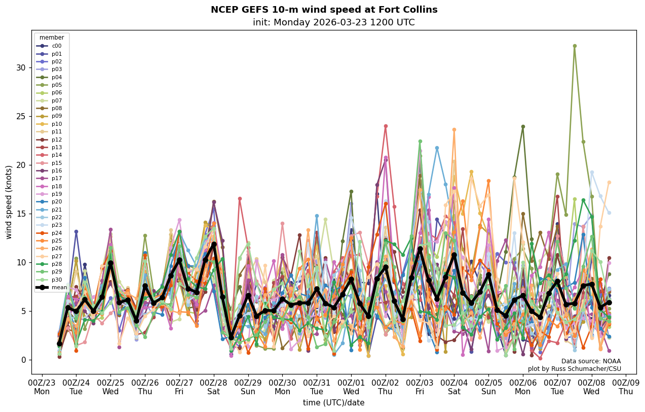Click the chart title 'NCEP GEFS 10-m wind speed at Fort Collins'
click(324, 10)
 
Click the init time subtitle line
click(333, 22)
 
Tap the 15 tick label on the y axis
click(22, 214)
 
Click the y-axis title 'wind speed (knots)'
click(9, 202)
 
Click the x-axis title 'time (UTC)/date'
click(333, 403)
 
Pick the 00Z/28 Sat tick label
click(214, 387)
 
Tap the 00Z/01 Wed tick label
click(351, 387)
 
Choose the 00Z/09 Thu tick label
click(626, 387)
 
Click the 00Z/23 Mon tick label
click(42, 387)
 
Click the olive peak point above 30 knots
click(575, 46)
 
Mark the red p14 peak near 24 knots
click(386, 126)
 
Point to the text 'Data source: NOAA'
click(591, 361)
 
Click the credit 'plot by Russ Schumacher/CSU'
click(574, 369)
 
